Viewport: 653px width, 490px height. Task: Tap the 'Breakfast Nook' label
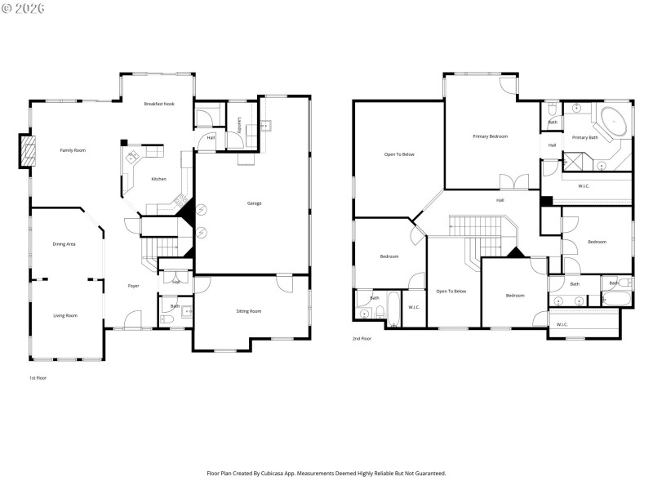[159, 104]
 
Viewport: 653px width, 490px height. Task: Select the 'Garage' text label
[255, 203]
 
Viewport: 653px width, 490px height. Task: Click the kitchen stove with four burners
[179, 201]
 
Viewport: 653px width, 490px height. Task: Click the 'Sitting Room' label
[249, 311]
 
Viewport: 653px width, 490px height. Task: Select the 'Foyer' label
[133, 286]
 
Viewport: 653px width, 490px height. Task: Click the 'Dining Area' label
[64, 244]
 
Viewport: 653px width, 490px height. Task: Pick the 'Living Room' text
[65, 315]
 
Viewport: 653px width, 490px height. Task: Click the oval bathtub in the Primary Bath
[615, 123]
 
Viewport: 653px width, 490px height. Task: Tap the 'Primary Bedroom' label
[490, 136]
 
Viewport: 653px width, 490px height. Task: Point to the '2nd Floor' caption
[362, 338]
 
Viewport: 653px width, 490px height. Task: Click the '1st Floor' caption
[38, 378]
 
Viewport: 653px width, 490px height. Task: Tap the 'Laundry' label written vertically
[238, 123]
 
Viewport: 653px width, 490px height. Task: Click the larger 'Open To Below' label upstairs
[400, 154]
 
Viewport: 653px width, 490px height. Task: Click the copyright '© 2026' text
[24, 8]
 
